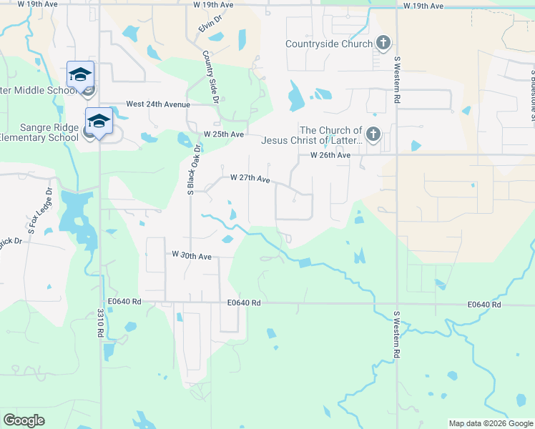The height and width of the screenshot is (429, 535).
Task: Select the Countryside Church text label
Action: coord(328,44)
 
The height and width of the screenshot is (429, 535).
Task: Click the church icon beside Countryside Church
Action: coord(383,44)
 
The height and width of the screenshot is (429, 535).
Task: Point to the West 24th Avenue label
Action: coord(158,104)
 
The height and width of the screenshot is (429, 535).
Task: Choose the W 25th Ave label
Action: coord(224,134)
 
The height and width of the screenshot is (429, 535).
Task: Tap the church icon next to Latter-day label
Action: coord(372,134)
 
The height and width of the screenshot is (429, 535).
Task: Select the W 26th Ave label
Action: coord(330,155)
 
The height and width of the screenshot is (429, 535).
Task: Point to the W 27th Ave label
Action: coord(250,179)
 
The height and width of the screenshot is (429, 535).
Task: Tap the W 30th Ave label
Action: coord(192,255)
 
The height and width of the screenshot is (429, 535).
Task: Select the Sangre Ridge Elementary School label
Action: coord(39,131)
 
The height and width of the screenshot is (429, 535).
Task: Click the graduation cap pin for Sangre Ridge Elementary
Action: coord(99,122)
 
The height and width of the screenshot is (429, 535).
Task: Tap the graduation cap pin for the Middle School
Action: coord(80,75)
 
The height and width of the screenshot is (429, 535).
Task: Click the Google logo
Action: coord(24,420)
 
